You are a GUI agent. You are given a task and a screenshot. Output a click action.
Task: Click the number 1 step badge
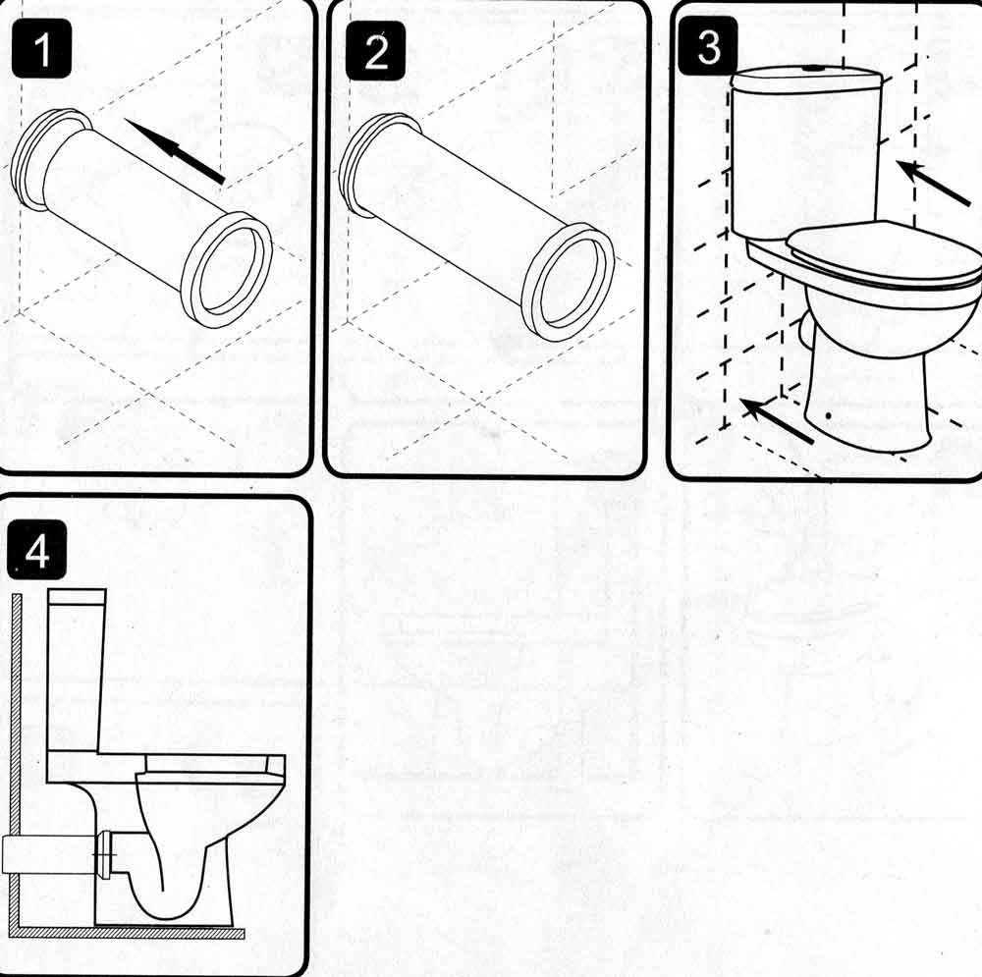[41, 51]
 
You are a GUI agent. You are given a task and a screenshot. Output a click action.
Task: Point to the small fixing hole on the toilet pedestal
[831, 416]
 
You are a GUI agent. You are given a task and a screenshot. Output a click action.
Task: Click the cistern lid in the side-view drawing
[77, 597]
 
